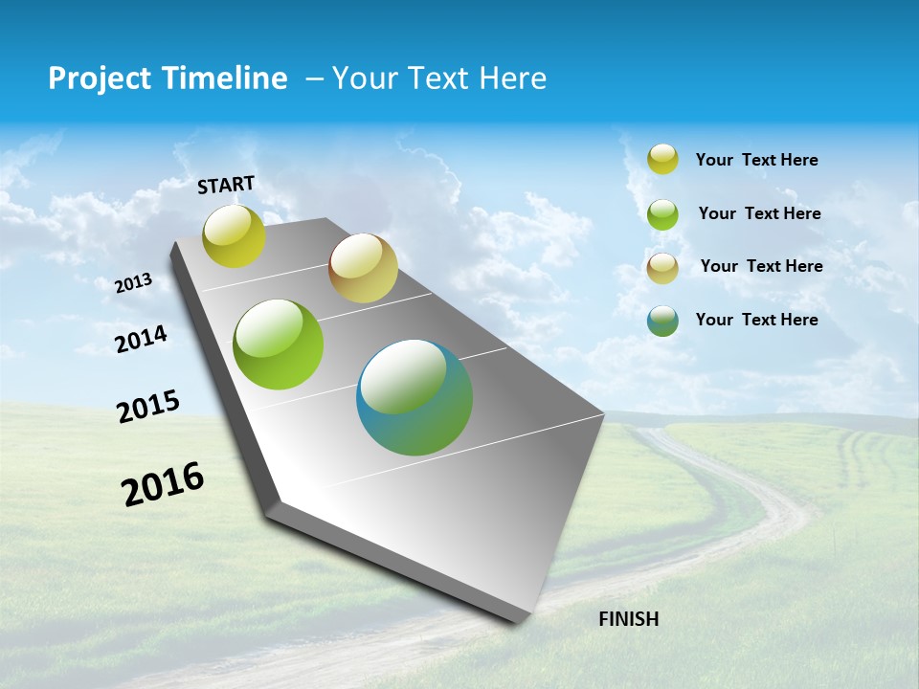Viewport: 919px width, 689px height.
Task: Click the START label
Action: (226, 185)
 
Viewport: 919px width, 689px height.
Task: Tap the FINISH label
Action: (628, 619)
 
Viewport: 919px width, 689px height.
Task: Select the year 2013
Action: (134, 283)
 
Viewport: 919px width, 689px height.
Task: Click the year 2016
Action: (163, 484)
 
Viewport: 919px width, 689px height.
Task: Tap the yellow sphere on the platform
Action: (234, 235)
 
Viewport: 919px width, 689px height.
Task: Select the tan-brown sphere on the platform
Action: (363, 268)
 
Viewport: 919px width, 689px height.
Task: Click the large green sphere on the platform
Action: (279, 344)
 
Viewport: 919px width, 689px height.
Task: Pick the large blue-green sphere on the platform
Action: (415, 397)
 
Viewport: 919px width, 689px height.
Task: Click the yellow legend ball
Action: (662, 160)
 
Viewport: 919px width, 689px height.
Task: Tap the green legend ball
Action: (662, 214)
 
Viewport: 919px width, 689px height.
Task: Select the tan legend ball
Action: (662, 268)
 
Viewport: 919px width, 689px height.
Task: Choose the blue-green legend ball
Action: (662, 321)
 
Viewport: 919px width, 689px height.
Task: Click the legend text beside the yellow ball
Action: (756, 160)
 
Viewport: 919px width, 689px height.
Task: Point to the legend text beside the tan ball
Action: (761, 266)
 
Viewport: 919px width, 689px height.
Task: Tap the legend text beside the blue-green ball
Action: (756, 320)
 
